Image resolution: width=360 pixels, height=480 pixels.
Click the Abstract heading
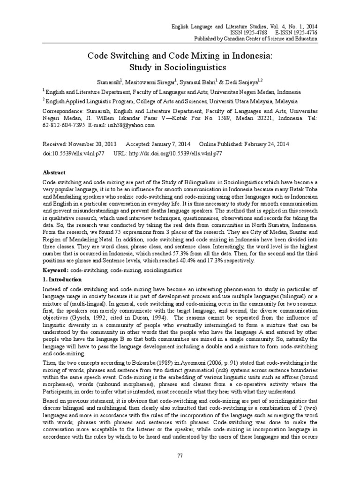click(x=54, y=172)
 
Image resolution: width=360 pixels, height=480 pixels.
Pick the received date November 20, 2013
click(x=88, y=145)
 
